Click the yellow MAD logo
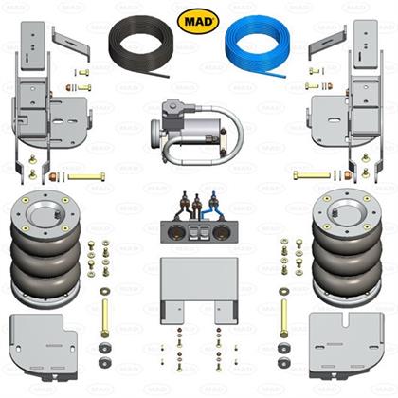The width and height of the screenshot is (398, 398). [198, 22]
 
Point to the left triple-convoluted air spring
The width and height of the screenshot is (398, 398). [45, 249]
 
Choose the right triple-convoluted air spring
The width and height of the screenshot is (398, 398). [347, 249]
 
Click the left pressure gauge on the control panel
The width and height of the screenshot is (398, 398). [173, 233]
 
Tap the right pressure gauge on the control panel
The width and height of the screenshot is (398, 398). [220, 233]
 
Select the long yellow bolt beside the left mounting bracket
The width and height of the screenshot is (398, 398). [86, 176]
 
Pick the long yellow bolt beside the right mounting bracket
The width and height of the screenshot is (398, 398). [312, 174]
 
